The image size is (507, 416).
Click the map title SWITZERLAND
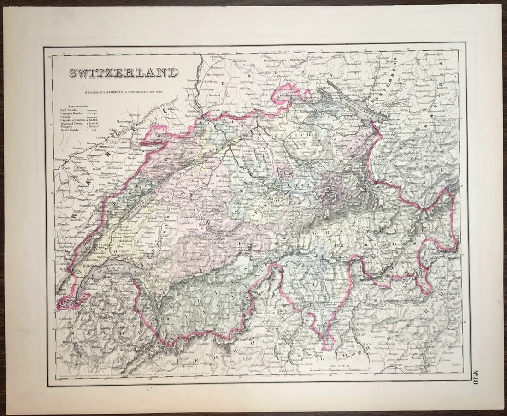124,73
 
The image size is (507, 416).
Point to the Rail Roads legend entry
69,110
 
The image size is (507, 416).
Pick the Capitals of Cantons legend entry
76,120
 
